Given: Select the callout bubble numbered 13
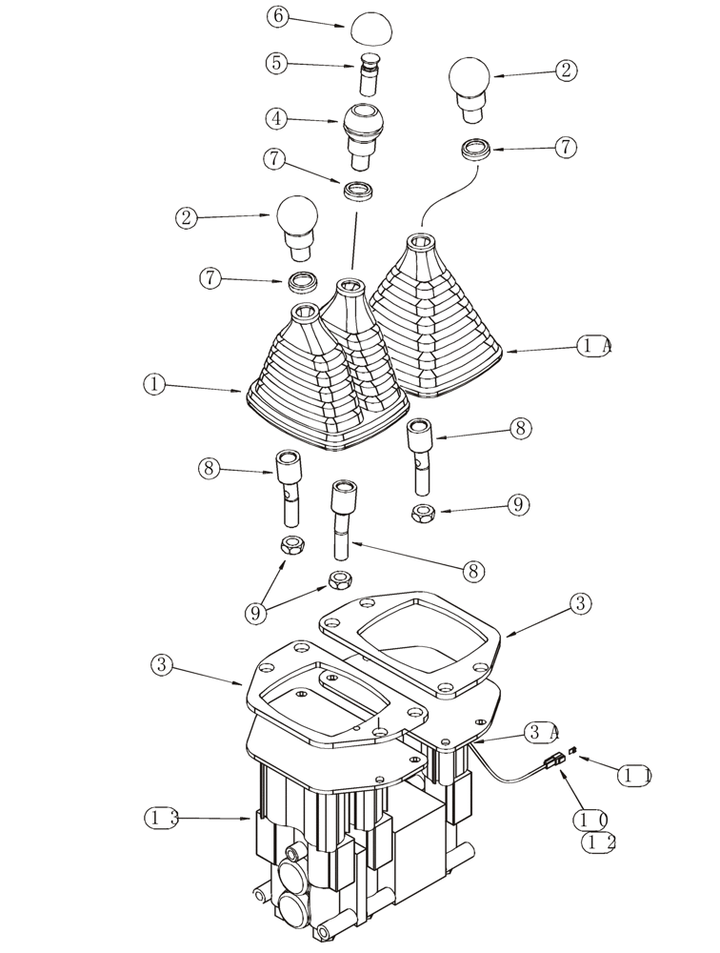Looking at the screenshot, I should point(161,818).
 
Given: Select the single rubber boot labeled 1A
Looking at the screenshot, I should point(438,319).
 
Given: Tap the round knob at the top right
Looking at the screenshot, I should point(470,84).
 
